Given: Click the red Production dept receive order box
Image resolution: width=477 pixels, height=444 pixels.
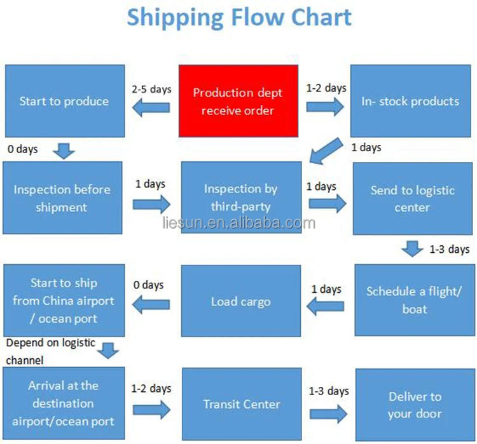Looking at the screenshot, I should [x=238, y=102].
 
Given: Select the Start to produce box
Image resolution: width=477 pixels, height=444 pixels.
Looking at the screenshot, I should [x=64, y=102].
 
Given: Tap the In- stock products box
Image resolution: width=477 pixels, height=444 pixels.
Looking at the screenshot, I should [x=411, y=102].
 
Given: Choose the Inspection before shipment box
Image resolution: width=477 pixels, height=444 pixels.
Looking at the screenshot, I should [x=62, y=198].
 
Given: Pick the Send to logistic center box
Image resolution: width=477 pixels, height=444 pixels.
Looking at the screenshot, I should [x=413, y=199].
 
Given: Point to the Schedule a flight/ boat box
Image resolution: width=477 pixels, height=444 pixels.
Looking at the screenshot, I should [x=414, y=300].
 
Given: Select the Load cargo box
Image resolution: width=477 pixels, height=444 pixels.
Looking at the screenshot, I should [x=240, y=301].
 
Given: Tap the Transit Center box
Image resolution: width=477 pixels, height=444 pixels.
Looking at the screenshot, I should [x=241, y=404].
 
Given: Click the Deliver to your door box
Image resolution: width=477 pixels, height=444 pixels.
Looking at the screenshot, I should [x=415, y=405].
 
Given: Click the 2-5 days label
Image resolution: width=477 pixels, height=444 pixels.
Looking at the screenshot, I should [x=151, y=89].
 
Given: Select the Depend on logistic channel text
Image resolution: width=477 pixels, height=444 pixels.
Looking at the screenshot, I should [x=51, y=351].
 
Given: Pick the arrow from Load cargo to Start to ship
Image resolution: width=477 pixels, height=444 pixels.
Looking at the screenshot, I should [x=151, y=305].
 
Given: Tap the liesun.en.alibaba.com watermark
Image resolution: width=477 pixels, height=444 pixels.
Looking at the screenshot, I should [x=239, y=223].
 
